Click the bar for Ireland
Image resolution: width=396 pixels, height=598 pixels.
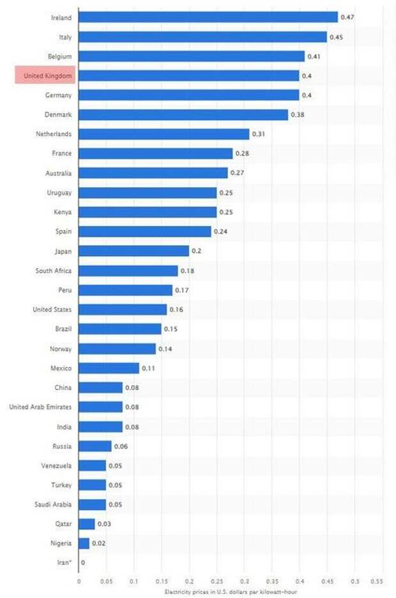tap(208, 17)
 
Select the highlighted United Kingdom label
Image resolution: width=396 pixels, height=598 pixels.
tap(45, 76)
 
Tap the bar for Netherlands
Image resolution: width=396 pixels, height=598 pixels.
tap(164, 134)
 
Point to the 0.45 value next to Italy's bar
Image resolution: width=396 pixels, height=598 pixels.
tap(336, 37)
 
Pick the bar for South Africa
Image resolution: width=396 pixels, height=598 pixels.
tap(128, 271)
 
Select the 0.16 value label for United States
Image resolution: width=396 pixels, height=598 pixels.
tap(176, 310)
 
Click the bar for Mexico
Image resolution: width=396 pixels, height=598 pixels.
tap(109, 368)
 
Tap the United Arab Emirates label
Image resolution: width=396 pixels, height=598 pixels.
tap(40, 407)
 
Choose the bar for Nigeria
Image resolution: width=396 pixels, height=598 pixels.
tap(84, 543)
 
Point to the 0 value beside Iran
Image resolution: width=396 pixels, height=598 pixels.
tap(83, 563)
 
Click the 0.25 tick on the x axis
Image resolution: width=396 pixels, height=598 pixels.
tap(217, 581)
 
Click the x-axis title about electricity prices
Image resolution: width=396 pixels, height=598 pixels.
tap(231, 592)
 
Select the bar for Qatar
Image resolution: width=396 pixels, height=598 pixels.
tap(87, 524)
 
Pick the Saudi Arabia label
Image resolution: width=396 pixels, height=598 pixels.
tap(53, 505)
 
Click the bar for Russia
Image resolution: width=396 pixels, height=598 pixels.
tap(95, 446)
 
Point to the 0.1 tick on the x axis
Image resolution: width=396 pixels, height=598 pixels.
tap(134, 581)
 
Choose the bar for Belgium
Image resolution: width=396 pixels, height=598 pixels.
tap(192, 56)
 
